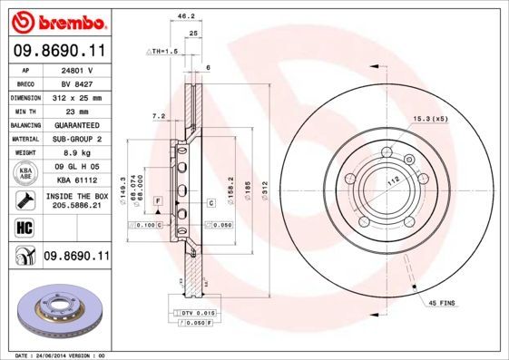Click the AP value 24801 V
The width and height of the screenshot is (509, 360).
[x=78, y=69]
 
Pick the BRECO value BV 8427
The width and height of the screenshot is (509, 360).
[x=78, y=83]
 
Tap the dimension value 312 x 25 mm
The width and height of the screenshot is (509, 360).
[x=78, y=97]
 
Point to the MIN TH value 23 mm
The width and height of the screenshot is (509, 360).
[x=78, y=111]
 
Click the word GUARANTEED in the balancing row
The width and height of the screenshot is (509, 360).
[x=78, y=124]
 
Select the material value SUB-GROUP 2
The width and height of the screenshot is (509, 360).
[x=78, y=139]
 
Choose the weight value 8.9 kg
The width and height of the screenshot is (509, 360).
[x=78, y=152]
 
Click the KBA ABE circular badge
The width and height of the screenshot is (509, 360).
[x=24, y=173]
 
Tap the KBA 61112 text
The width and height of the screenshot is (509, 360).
[x=78, y=180]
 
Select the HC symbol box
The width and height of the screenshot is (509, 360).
[x=24, y=228]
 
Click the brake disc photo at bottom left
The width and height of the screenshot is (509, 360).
[x=59, y=310]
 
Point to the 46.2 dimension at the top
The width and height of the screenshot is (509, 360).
[x=185, y=15]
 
